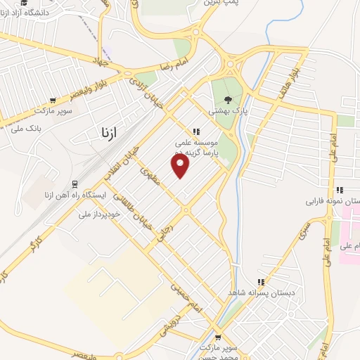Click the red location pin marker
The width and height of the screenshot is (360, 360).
click(x=181, y=167)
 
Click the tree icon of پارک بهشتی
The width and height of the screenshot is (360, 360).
click(x=227, y=99)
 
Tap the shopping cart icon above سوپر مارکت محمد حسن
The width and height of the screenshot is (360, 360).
click(x=217, y=337)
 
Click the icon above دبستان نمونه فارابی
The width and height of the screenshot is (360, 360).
click(x=340, y=190)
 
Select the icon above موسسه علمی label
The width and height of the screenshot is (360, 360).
click(x=196, y=131)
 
